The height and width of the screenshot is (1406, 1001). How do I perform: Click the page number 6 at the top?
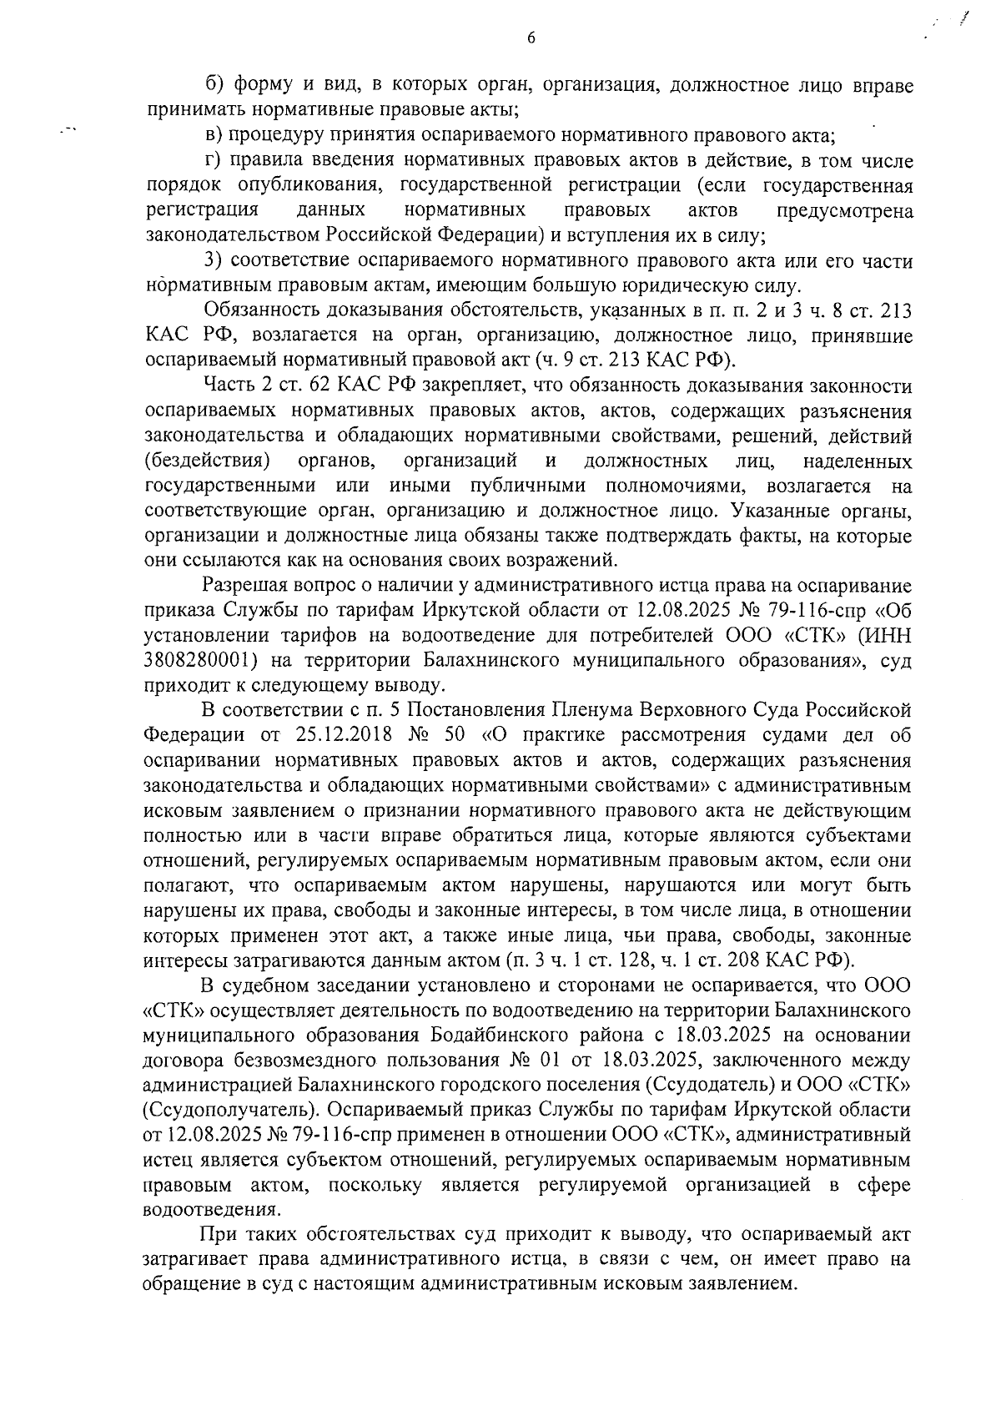[x=531, y=38]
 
